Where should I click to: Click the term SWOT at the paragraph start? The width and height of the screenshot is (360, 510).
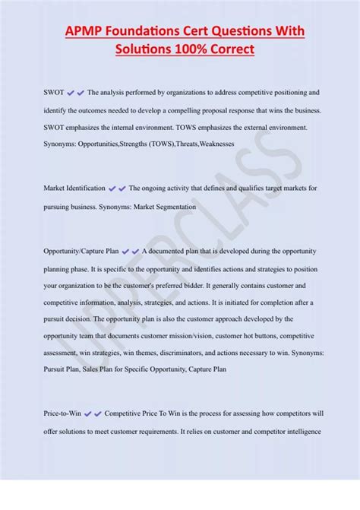pos(53,93)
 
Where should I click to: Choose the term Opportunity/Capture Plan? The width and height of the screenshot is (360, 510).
pos(81,252)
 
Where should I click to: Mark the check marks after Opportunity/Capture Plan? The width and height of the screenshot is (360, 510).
pos(130,252)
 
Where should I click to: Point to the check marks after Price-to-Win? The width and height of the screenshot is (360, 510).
pos(93,413)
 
